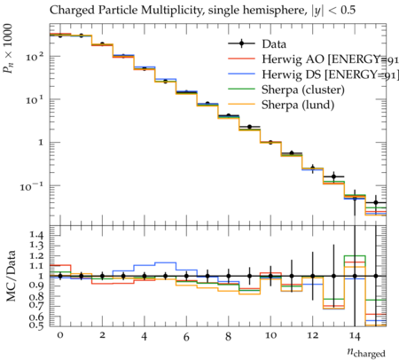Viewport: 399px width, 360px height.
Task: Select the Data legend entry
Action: pos(257,43)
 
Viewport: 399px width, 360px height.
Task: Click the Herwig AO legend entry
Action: pos(313,59)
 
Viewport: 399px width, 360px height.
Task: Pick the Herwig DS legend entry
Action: pos(313,74)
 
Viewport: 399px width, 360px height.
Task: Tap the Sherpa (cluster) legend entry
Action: pos(286,90)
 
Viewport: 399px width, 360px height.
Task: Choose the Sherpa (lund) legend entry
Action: pos(281,105)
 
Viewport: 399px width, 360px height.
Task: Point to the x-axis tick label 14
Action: pos(355,336)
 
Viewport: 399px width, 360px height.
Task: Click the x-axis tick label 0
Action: pos(60,335)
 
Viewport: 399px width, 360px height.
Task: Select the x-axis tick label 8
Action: pos(228,336)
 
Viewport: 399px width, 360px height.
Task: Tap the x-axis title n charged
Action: pos(366,352)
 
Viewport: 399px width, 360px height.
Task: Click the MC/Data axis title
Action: pos(11,276)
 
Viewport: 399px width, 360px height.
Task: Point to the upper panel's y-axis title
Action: pos(8,49)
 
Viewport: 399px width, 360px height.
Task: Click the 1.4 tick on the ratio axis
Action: pos(36,235)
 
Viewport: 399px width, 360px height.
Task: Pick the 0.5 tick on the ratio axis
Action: pos(36,325)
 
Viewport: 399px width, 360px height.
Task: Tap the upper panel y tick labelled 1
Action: pos(41,143)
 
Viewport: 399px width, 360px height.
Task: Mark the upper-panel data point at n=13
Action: pos(333,176)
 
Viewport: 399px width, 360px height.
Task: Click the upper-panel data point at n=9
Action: pos(249,127)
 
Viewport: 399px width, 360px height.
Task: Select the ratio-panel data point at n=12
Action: pos(313,276)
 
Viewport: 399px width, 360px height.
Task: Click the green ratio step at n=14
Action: pos(355,255)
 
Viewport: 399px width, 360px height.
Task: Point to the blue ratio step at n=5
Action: pos(166,262)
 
